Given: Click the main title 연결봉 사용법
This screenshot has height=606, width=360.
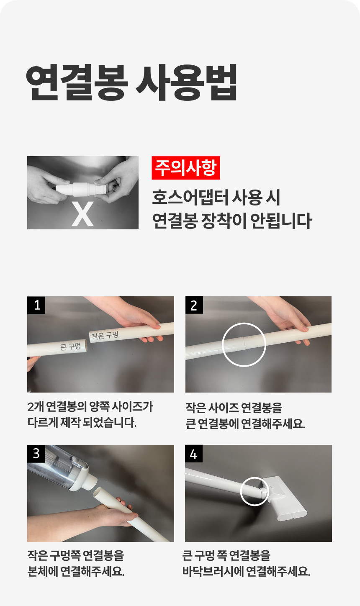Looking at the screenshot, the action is pyautogui.click(x=131, y=82).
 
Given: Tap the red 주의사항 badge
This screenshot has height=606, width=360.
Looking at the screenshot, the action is pyautogui.click(x=186, y=168).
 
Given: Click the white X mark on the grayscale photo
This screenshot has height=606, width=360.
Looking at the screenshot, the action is pyautogui.click(x=83, y=214).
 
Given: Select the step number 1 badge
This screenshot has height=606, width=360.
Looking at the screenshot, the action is pyautogui.click(x=36, y=305).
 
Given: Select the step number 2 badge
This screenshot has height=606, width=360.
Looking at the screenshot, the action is pyautogui.click(x=194, y=305).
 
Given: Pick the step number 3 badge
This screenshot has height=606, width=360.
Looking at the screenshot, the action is pyautogui.click(x=36, y=454).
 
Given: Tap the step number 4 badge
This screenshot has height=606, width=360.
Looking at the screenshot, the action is pyautogui.click(x=194, y=454).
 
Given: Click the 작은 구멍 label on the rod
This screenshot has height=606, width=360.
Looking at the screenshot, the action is pyautogui.click(x=105, y=335).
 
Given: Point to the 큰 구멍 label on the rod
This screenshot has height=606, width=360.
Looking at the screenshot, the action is pyautogui.click(x=70, y=347).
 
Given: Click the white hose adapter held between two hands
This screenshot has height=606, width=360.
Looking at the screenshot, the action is pyautogui.click(x=81, y=189).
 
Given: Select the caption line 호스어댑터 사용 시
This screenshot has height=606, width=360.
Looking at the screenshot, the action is pyautogui.click(x=216, y=197).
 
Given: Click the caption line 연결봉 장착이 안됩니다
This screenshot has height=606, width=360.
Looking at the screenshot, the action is pyautogui.click(x=232, y=221).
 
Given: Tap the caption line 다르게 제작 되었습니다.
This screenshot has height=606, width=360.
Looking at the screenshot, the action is pyautogui.click(x=82, y=423).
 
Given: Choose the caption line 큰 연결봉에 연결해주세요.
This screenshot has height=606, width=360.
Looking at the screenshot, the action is pyautogui.click(x=245, y=424).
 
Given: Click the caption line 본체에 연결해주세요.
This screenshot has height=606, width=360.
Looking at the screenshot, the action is pyautogui.click(x=76, y=571).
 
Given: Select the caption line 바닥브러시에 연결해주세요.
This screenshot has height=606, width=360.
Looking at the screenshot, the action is pyautogui.click(x=246, y=571).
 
